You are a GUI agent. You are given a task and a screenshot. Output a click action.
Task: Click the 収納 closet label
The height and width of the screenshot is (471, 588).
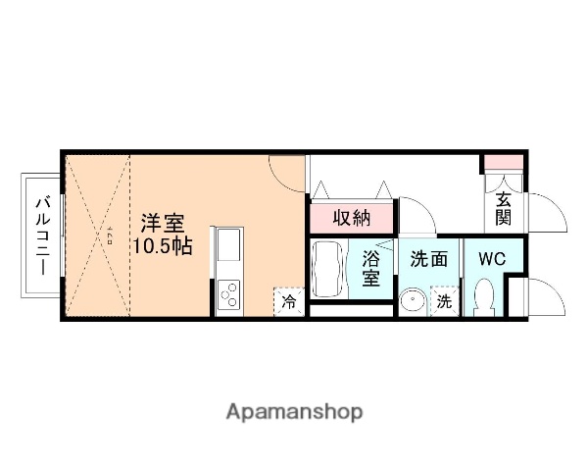(350, 217)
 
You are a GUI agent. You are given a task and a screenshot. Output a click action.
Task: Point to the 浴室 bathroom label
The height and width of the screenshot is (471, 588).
(371, 268)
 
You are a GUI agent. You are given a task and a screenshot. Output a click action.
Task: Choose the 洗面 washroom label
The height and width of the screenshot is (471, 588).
(429, 260)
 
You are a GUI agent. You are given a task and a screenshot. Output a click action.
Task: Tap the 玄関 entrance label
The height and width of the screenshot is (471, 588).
(504, 209)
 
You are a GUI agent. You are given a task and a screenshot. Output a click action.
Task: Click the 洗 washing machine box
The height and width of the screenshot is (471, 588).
(445, 301)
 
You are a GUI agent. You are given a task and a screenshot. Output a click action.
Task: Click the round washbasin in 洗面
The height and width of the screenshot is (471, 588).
(413, 300)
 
